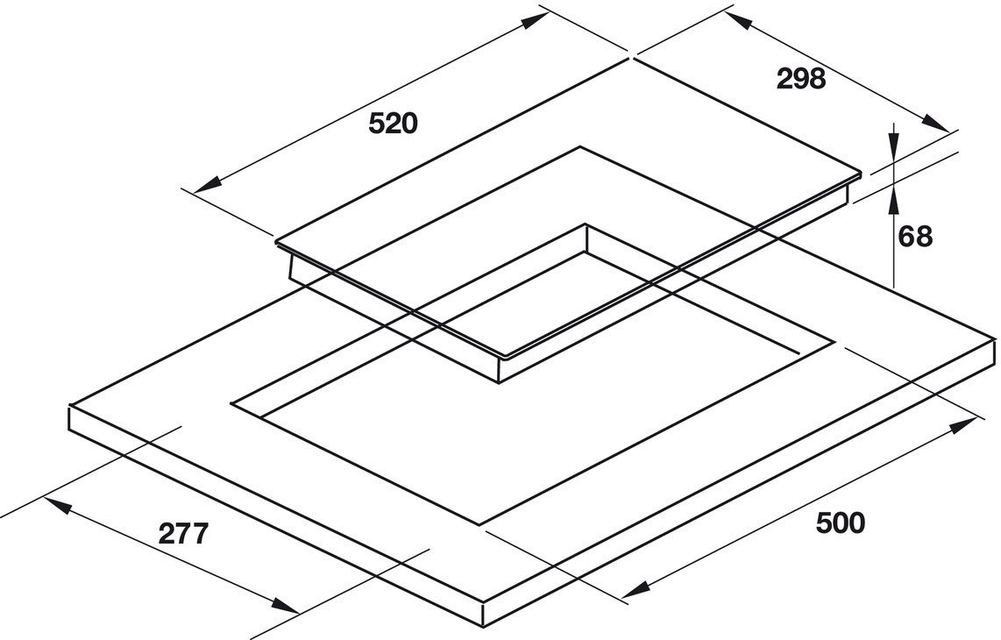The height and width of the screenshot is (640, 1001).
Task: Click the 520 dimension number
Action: (393, 124)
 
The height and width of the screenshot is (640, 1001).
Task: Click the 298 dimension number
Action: (801, 79)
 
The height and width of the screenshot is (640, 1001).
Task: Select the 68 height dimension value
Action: (916, 236)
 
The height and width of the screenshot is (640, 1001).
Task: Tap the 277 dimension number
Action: (184, 533)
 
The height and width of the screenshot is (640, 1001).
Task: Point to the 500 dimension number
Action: (840, 523)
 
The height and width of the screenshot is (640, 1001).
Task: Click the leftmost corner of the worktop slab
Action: (69, 408)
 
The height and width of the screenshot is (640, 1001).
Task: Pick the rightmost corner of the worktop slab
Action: (995, 337)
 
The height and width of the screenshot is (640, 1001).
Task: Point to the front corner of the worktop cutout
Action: (480, 525)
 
